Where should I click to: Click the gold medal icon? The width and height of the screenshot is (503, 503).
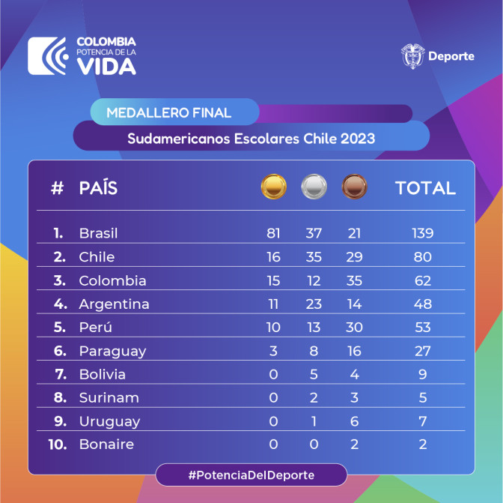click(273, 187)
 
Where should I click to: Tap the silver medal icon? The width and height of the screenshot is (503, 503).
click(314, 187)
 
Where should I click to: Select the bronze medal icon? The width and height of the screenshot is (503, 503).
click(354, 187)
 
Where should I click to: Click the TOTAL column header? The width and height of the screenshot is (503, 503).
click(425, 187)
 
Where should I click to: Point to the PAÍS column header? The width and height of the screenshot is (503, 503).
click(98, 187)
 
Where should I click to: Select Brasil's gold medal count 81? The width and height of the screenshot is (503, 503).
click(273, 233)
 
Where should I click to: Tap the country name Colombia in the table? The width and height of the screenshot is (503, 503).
click(112, 280)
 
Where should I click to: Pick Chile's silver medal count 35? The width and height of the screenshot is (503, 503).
click(314, 257)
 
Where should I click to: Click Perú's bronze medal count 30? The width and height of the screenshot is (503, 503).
click(354, 327)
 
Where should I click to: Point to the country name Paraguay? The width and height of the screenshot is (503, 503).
click(112, 351)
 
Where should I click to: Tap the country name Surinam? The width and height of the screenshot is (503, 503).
click(109, 397)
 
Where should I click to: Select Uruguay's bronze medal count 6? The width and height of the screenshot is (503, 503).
click(354, 421)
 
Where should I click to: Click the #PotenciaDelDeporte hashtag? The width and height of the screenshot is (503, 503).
click(251, 475)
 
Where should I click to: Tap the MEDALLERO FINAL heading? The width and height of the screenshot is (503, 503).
click(168, 112)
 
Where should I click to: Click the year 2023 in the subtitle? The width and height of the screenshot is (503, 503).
click(358, 139)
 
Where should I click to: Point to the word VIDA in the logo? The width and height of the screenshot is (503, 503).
click(106, 67)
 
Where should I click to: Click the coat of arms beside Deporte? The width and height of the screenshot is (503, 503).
click(412, 56)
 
